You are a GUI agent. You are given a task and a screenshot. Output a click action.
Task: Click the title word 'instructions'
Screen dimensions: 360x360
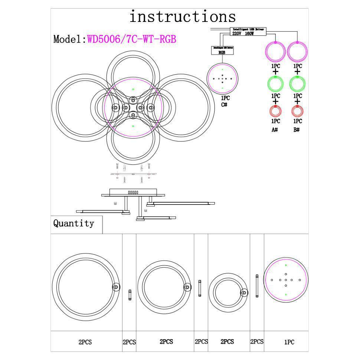pyautogui.click(x=182, y=17)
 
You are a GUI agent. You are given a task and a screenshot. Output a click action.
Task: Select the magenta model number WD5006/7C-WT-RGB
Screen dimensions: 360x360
pyautogui.click(x=131, y=39)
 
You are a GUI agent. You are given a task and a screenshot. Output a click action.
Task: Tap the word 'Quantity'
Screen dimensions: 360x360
pyautogui.click(x=73, y=223)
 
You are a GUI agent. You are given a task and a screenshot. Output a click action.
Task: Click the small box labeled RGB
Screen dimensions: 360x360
pyautogui.click(x=222, y=50)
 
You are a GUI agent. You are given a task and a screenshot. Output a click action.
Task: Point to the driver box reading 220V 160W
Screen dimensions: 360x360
pyautogui.click(x=248, y=32)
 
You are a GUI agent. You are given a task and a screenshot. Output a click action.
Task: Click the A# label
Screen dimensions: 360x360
pyautogui.click(x=275, y=130)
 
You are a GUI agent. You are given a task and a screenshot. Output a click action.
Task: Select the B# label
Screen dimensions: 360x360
pyautogui.click(x=297, y=130)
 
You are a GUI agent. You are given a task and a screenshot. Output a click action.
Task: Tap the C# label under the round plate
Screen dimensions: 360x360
pyautogui.click(x=224, y=105)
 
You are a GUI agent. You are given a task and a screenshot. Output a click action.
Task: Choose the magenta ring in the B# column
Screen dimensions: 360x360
pyautogui.click(x=297, y=51)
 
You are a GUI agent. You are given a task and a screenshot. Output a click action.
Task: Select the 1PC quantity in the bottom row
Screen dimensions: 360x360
pyautogui.click(x=289, y=342)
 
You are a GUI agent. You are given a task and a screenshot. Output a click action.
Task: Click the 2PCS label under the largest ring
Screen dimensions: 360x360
pyautogui.click(x=85, y=342)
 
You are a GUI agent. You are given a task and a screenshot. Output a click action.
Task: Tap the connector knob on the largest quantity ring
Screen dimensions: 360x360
pyautogui.click(x=116, y=287)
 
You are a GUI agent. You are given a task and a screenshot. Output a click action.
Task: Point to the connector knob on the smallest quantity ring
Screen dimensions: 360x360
pyautogui.click(x=244, y=293)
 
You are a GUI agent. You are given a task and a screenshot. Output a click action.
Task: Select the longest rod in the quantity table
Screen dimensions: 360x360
pyautogui.click(x=257, y=286)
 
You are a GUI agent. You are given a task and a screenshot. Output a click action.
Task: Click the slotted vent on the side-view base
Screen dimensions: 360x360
pyautogui.click(x=133, y=192)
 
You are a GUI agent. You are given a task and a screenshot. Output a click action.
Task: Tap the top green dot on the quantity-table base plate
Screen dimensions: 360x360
pyautogui.click(x=286, y=265)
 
